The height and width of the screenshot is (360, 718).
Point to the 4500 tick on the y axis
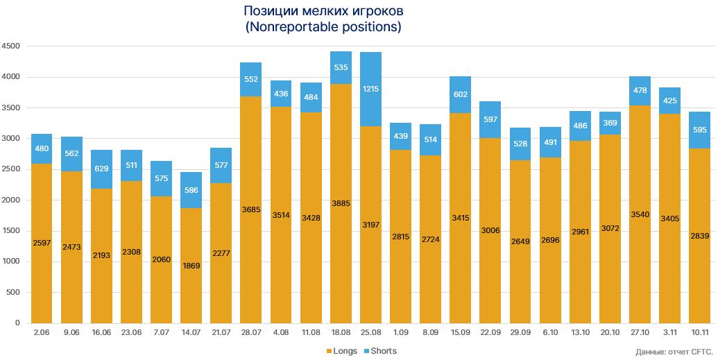[11, 46]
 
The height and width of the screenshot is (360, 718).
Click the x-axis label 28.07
[250, 332]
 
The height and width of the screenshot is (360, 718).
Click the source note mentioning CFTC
[674, 352]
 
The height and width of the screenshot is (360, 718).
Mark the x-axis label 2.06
[42, 332]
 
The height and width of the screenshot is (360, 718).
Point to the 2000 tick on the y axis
[11, 200]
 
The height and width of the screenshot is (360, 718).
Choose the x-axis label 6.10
[549, 332]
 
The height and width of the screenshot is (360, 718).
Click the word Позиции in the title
[267, 12]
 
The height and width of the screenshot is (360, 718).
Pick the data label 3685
[251, 209]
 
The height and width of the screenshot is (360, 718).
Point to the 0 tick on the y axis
[17, 323]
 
